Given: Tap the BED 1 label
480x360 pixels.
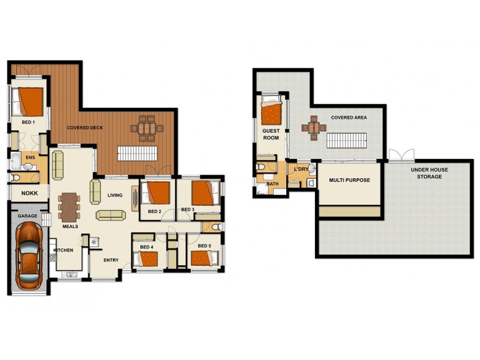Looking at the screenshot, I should pyautogui.click(x=28, y=122).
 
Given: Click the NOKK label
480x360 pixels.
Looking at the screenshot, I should pyautogui.click(x=29, y=194).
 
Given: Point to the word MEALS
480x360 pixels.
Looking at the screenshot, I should pyautogui.click(x=71, y=226).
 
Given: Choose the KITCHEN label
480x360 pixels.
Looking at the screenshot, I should pyautogui.click(x=63, y=250).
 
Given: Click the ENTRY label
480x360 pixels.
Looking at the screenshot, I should pyautogui.click(x=110, y=260).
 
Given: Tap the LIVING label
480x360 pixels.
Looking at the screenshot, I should pyautogui.click(x=115, y=195).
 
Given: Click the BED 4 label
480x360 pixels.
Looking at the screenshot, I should pyautogui.click(x=147, y=247).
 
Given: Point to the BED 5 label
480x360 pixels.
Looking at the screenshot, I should pyautogui.click(x=204, y=246).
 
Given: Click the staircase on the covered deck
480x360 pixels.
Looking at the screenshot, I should pyautogui.click(x=136, y=153).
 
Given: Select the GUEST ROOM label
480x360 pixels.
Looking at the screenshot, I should pyautogui.click(x=271, y=134).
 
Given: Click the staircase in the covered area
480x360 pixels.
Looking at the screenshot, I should pyautogui.click(x=345, y=141).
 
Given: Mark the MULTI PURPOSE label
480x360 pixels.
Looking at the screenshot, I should pyautogui.click(x=349, y=180).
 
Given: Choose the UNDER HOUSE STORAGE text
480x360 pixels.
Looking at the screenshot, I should pyautogui.click(x=429, y=173).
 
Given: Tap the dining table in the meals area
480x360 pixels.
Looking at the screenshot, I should pyautogui.click(x=70, y=206).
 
